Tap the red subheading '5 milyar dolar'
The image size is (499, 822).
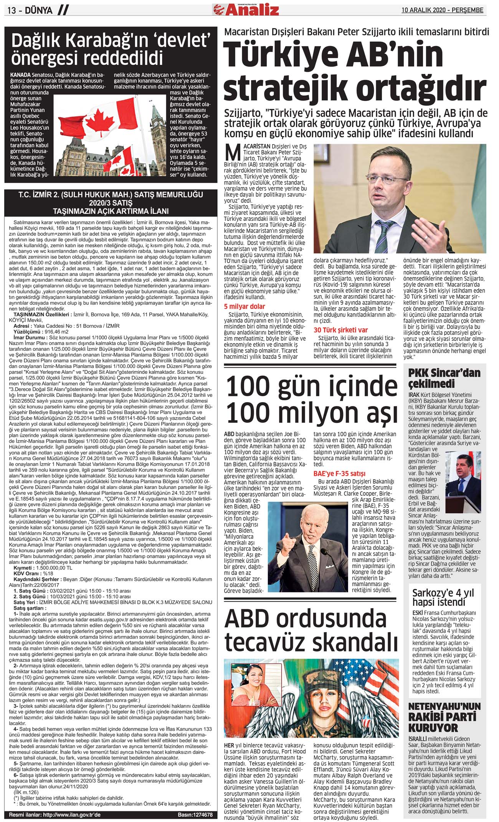(x=245, y=306)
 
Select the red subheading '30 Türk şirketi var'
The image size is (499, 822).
(x=340, y=330)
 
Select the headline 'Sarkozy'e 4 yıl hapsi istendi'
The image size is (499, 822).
(x=443, y=597)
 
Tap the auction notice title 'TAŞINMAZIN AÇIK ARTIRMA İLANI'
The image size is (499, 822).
(x=111, y=211)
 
